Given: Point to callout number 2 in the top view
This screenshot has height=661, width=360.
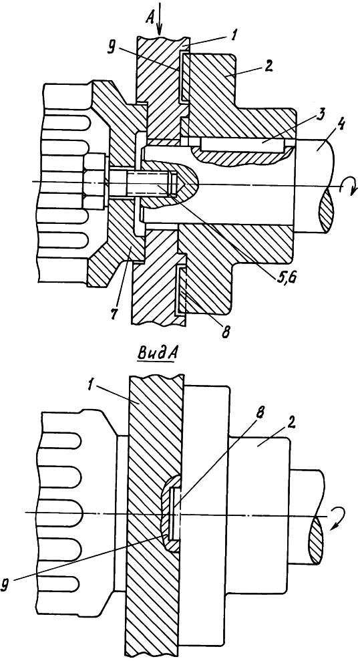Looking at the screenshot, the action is [268, 66].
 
